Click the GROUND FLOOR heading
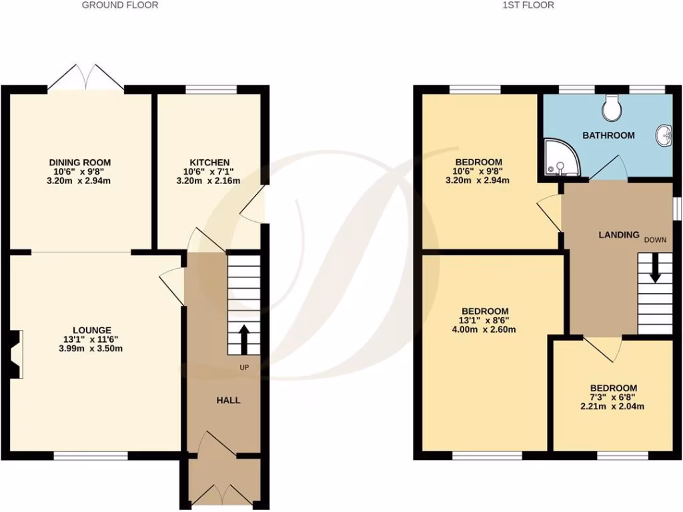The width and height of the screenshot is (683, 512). click(x=120, y=5)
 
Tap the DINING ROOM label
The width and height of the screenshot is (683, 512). click(x=79, y=162)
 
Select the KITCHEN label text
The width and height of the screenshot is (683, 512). click(x=209, y=162)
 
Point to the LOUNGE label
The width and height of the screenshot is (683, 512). click(x=91, y=329)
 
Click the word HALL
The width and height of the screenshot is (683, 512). click(x=227, y=400)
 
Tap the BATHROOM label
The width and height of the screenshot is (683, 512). click(x=608, y=135)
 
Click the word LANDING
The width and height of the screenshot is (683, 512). click(x=618, y=235)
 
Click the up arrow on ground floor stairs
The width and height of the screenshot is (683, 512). click(x=243, y=339)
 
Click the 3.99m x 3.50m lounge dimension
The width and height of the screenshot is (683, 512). click(x=91, y=348)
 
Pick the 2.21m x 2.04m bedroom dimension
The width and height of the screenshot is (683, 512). click(x=612, y=406)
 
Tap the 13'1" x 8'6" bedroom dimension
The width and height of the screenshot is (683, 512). click(x=485, y=320)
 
